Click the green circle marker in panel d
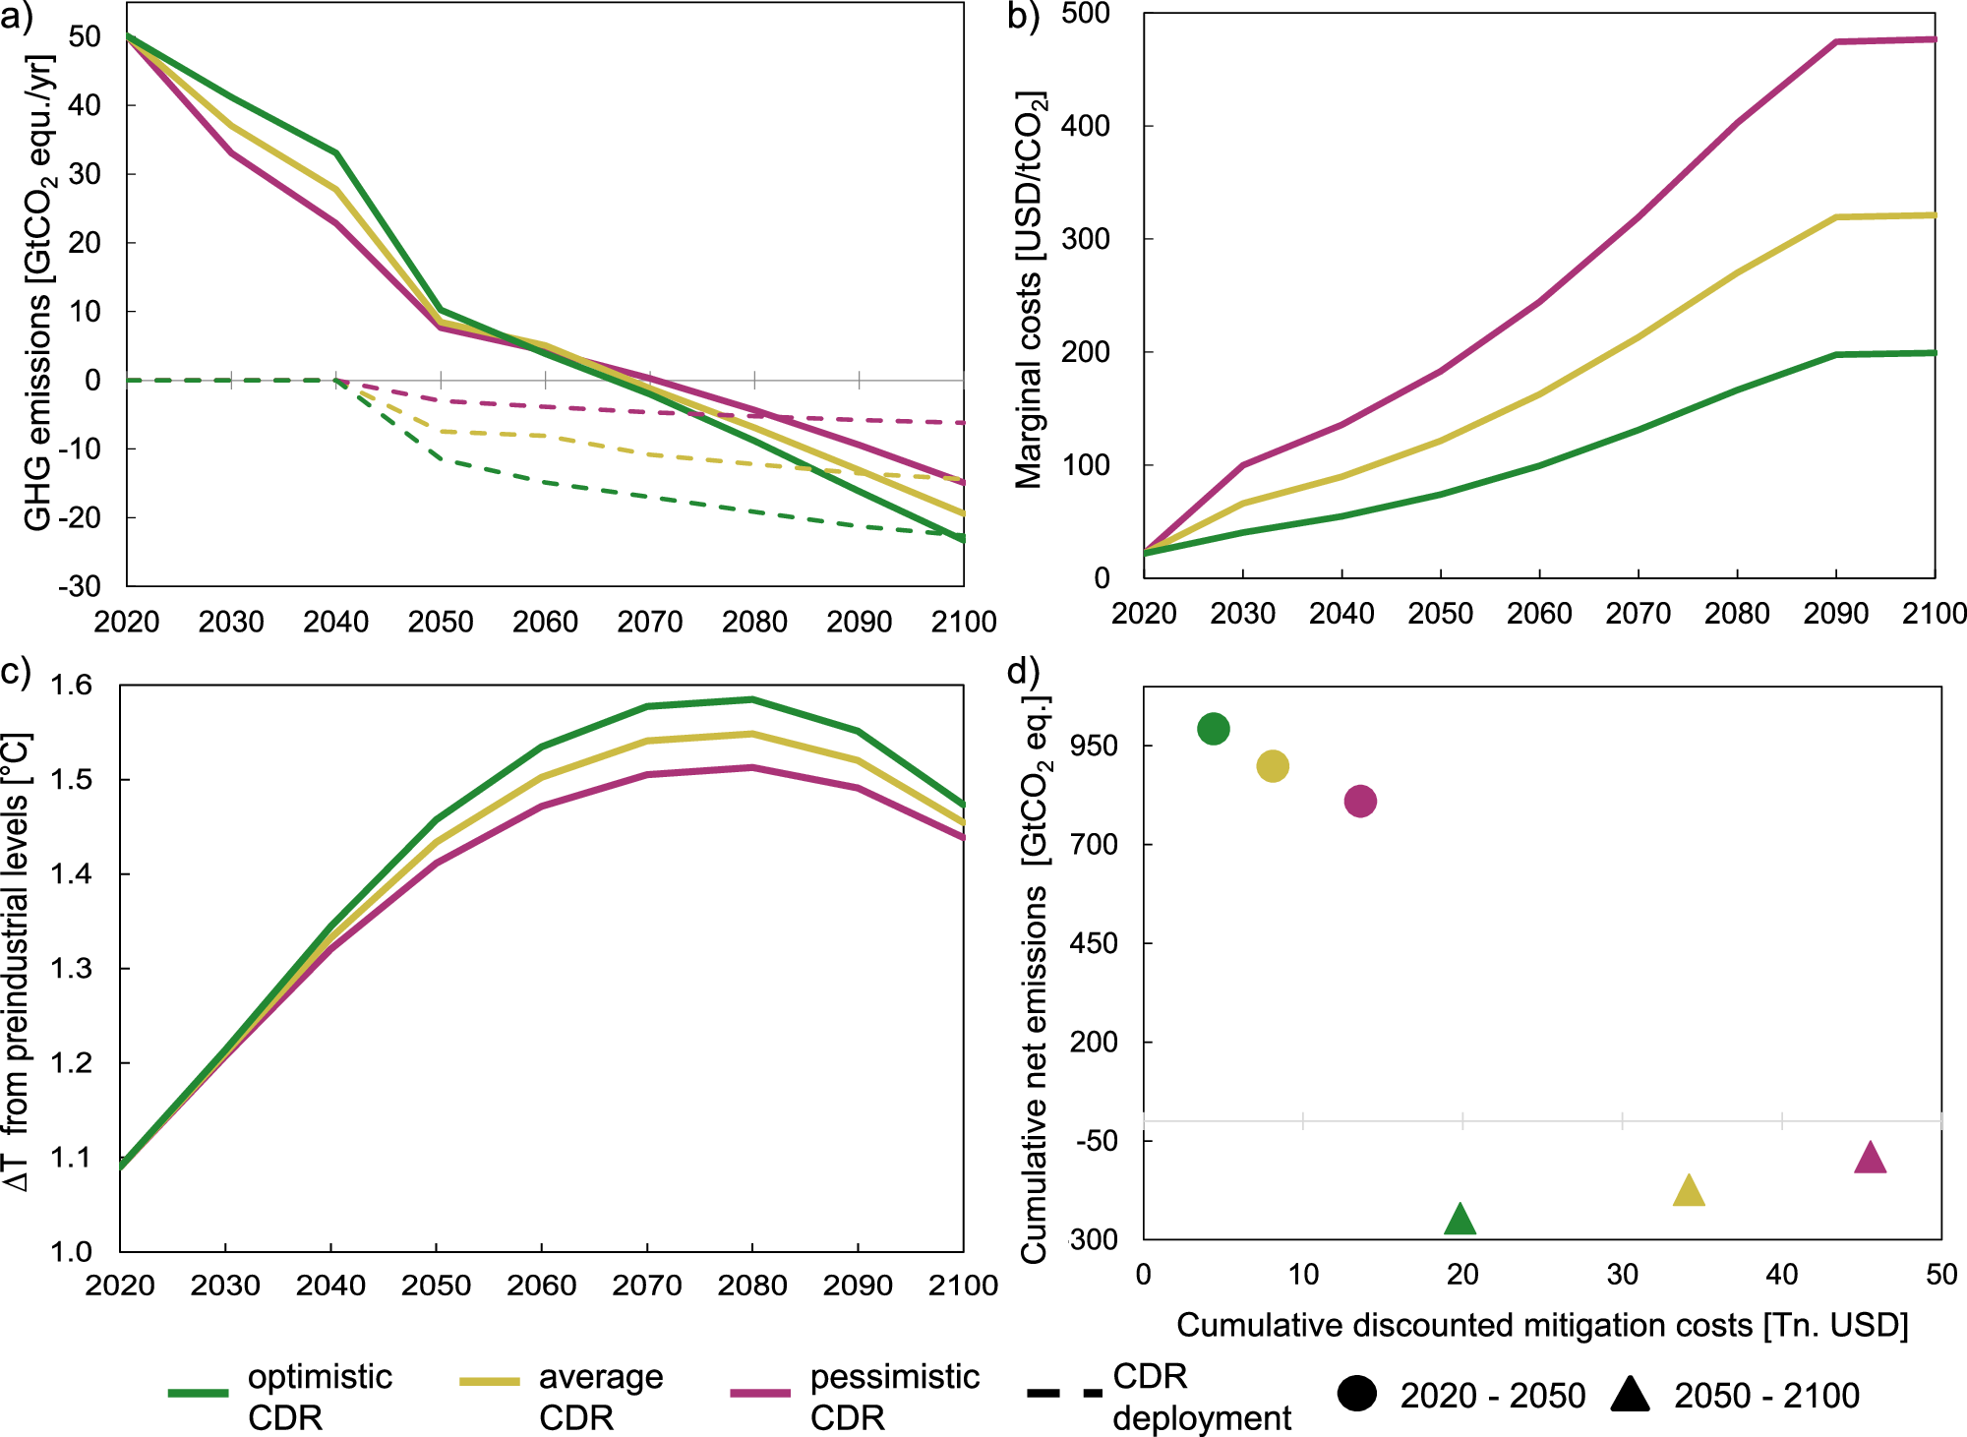pyautogui.click(x=1214, y=729)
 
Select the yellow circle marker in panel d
pyautogui.click(x=1273, y=766)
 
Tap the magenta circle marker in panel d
pyautogui.click(x=1360, y=802)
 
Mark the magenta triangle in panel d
pyautogui.click(x=1870, y=1159)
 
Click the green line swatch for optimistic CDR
pyautogui.click(x=198, y=1393)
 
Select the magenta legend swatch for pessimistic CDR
pyautogui.click(x=760, y=1393)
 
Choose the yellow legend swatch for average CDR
pyautogui.click(x=489, y=1382)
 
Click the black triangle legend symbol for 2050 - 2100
pyautogui.click(x=1630, y=1394)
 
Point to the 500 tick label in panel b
pyautogui.click(x=1086, y=15)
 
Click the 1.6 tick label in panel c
pyautogui.click(x=71, y=686)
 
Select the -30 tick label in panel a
pyautogui.click(x=79, y=587)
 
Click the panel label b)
pyautogui.click(x=1024, y=17)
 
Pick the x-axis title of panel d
pyautogui.click(x=1541, y=1325)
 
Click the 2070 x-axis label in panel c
pyautogui.click(x=646, y=1286)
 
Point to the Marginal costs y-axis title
pyautogui.click(x=1030, y=290)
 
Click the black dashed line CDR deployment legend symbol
pyautogui.click(x=1063, y=1393)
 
